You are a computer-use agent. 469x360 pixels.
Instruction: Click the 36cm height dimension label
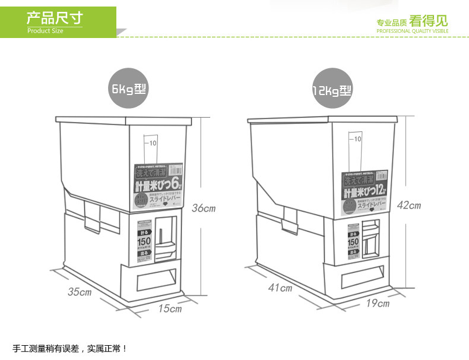(203, 209)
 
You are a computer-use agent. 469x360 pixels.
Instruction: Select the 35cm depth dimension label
(80, 292)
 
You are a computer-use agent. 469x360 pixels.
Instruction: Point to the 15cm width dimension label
(170, 308)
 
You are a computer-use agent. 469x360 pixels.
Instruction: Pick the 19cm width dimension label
(378, 304)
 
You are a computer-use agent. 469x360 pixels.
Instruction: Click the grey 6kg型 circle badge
(129, 90)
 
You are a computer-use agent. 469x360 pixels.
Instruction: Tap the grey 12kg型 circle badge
(332, 90)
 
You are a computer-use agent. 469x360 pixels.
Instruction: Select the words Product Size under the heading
(45, 31)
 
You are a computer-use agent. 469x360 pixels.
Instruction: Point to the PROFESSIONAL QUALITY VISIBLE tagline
(412, 31)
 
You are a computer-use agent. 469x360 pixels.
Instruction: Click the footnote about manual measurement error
(70, 348)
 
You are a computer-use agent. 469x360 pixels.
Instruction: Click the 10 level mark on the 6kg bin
(152, 143)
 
